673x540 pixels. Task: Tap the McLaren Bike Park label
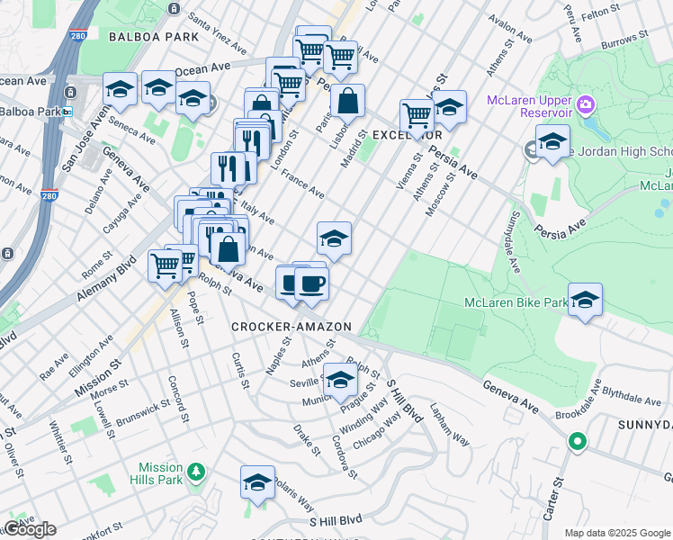click(x=514, y=302)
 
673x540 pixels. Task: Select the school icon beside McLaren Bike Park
click(x=585, y=301)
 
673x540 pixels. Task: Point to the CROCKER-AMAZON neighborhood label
click(x=291, y=326)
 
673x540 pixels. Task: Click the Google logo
click(x=29, y=529)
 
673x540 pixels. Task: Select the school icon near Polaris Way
click(x=257, y=484)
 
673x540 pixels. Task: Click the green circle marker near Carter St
click(x=576, y=442)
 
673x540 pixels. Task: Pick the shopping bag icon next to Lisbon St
click(x=347, y=102)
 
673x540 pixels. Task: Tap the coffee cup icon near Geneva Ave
click(x=311, y=283)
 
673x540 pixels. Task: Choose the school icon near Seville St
click(x=340, y=381)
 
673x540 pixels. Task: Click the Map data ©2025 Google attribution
click(x=617, y=533)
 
